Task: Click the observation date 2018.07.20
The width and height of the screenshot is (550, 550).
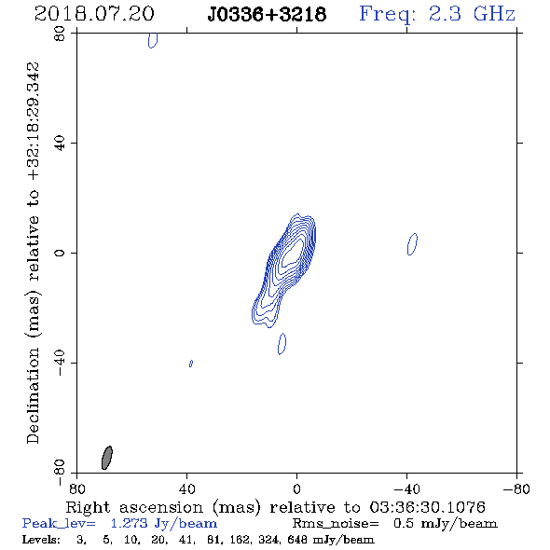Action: pyautogui.click(x=94, y=14)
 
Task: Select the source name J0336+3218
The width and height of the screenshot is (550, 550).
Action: pyautogui.click(x=267, y=14)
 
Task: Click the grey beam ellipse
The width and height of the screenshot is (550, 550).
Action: pyautogui.click(x=107, y=458)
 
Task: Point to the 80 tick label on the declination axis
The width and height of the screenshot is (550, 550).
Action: pyautogui.click(x=60, y=34)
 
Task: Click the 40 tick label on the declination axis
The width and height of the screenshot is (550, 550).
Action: pyautogui.click(x=60, y=144)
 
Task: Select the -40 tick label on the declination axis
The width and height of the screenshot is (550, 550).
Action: pyautogui.click(x=60, y=363)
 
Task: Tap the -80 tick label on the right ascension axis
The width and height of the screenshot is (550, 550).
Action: pyautogui.click(x=516, y=488)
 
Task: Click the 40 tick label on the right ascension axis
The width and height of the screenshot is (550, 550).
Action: pyautogui.click(x=187, y=488)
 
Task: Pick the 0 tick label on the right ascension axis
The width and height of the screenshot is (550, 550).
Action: pyautogui.click(x=296, y=488)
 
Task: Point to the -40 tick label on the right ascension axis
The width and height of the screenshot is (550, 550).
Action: pyautogui.click(x=406, y=488)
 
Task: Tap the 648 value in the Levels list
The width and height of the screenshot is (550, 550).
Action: pyautogui.click(x=297, y=539)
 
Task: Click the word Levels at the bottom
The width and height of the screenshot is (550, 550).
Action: pyautogui.click(x=41, y=539)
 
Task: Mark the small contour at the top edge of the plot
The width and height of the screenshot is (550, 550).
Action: pyautogui.click(x=153, y=40)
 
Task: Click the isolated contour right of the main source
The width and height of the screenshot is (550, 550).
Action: pyautogui.click(x=412, y=244)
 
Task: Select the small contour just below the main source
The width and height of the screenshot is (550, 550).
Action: pyautogui.click(x=282, y=344)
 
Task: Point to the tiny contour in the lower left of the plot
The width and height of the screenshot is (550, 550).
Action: pyautogui.click(x=191, y=364)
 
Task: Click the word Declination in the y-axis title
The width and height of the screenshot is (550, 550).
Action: pyautogui.click(x=33, y=395)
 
